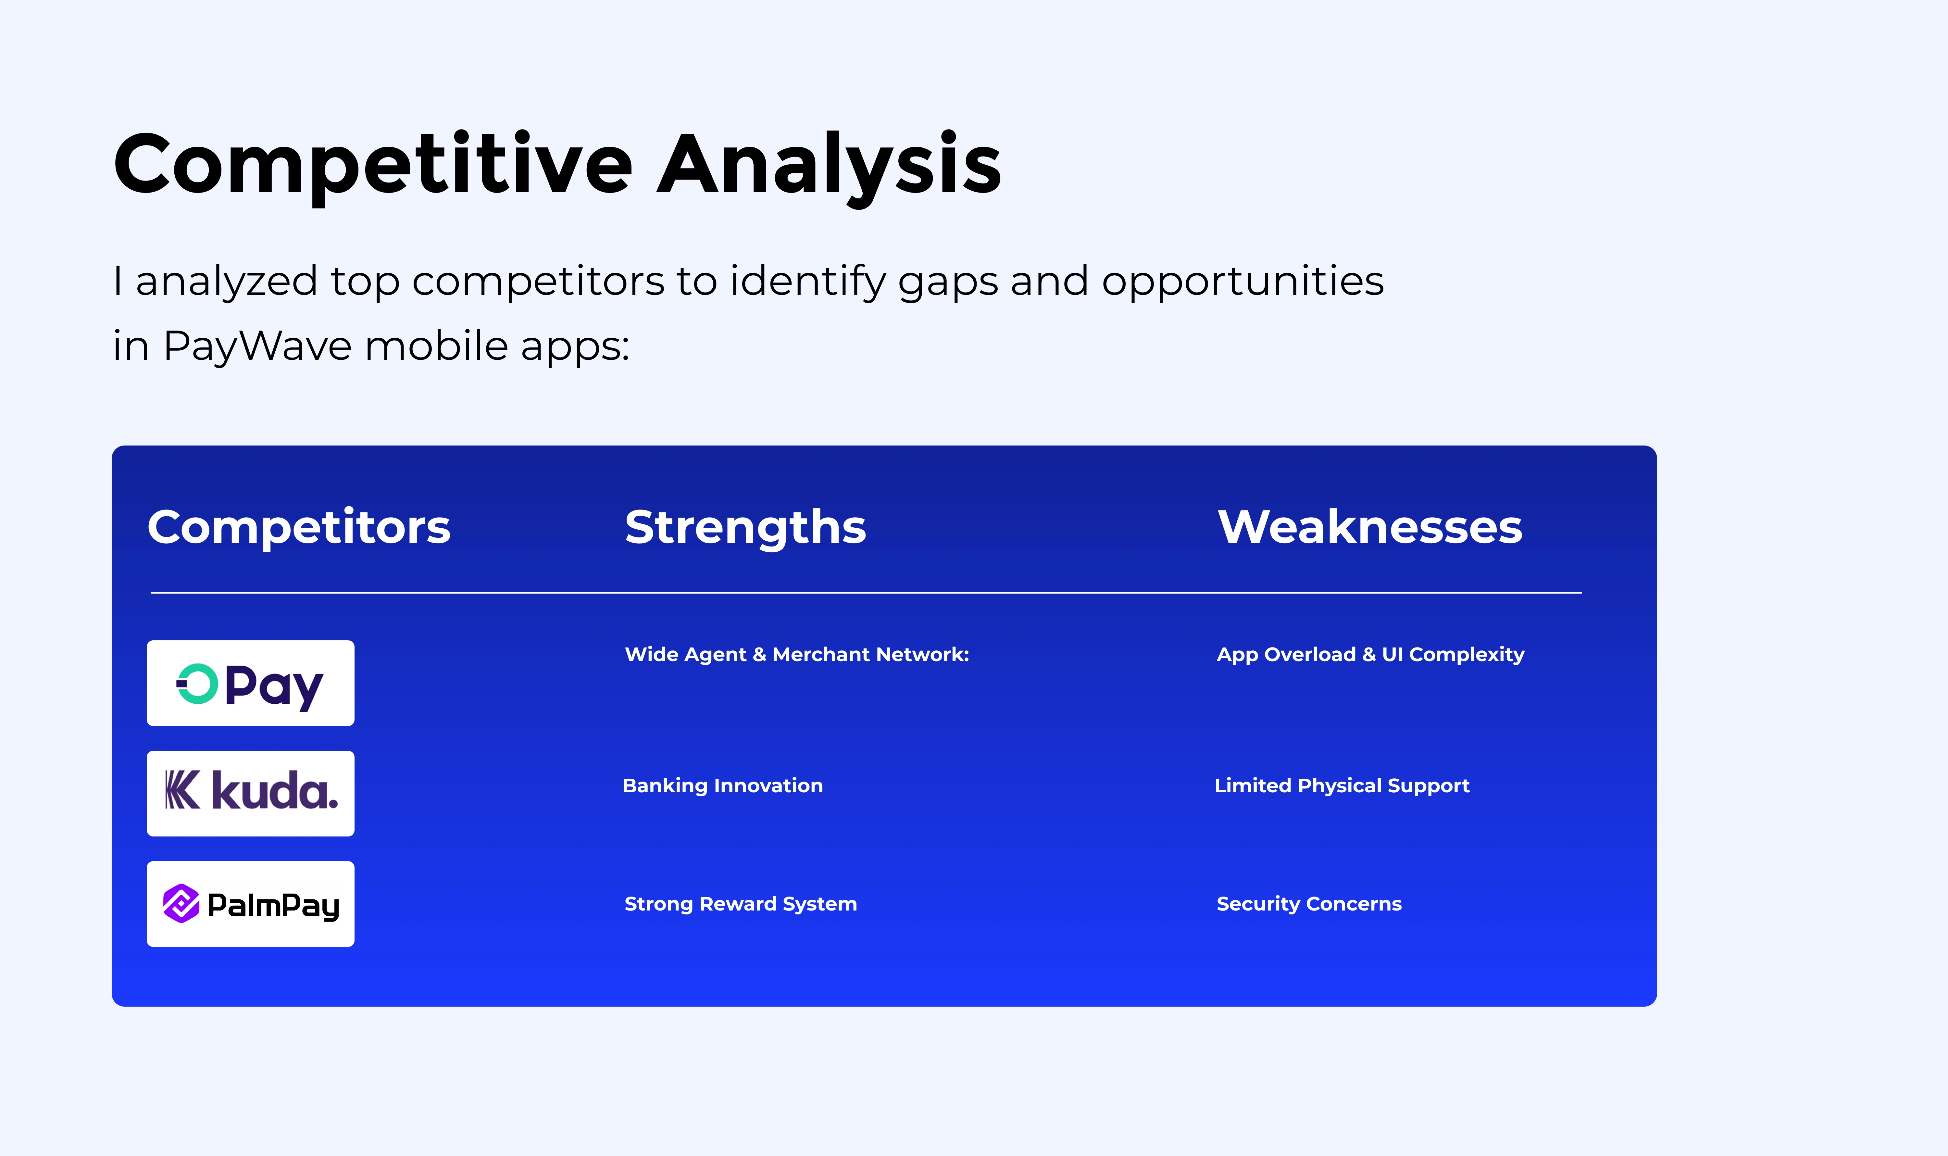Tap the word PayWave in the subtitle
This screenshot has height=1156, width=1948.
click(x=257, y=347)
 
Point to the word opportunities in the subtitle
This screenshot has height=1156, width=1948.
click(x=1243, y=282)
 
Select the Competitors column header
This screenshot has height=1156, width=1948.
click(x=299, y=527)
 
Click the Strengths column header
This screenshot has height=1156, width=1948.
click(x=745, y=527)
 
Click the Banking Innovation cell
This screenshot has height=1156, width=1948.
click(x=723, y=786)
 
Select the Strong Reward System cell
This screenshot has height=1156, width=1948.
click(x=741, y=904)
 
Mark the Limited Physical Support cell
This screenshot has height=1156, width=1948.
click(x=1342, y=786)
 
